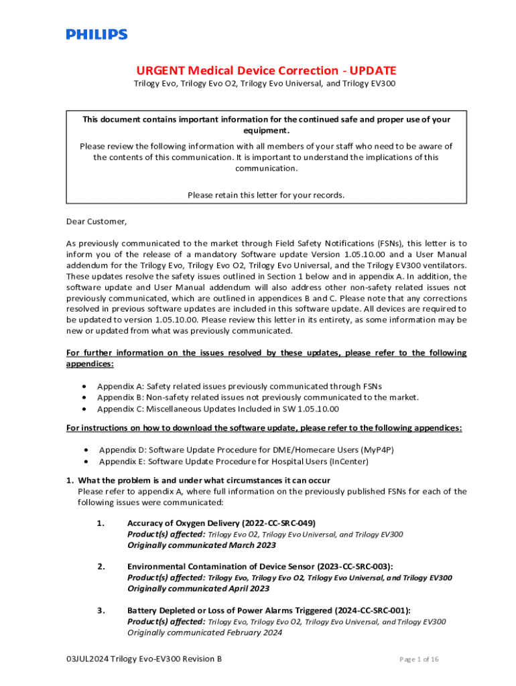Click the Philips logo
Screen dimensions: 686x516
pyautogui.click(x=96, y=34)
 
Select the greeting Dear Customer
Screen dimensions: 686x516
pyautogui.click(x=96, y=221)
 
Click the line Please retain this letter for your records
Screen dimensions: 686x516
pyautogui.click(x=266, y=195)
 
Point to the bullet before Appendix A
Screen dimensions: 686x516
pyautogui.click(x=83, y=387)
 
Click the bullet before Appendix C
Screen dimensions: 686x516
pyautogui.click(x=83, y=409)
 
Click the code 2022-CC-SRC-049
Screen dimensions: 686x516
pyautogui.click(x=275, y=523)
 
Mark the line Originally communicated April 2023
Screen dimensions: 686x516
pyautogui.click(x=198, y=589)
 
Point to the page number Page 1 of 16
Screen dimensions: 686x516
pyautogui.click(x=419, y=659)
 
